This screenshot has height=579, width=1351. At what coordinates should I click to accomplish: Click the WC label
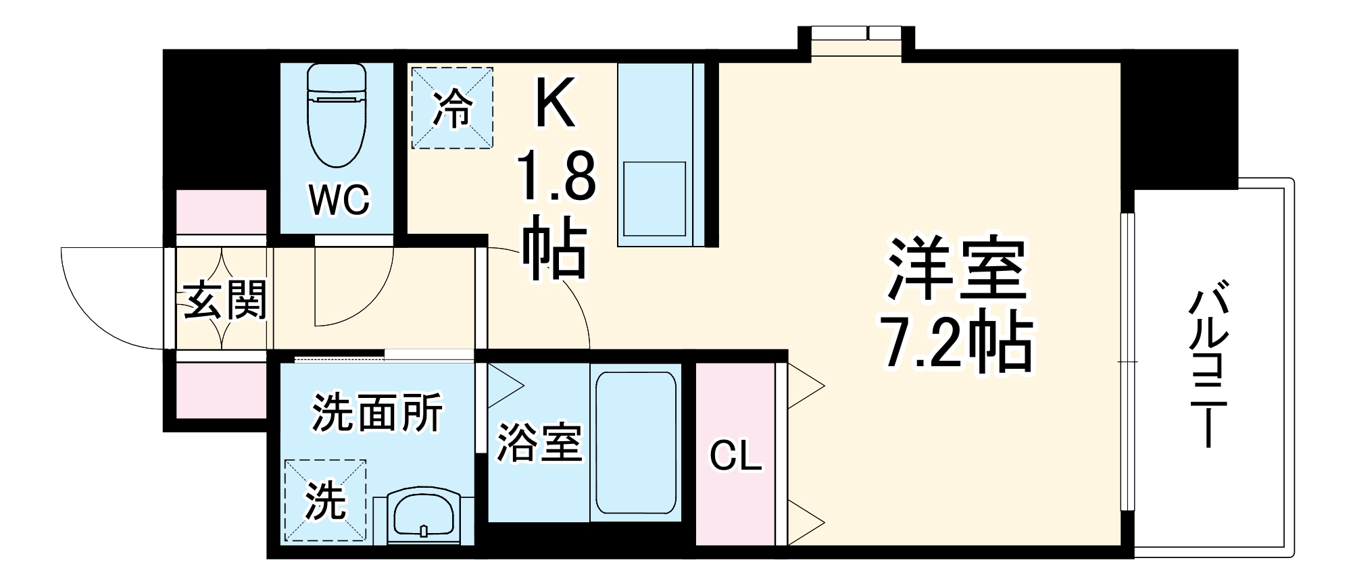[339, 199]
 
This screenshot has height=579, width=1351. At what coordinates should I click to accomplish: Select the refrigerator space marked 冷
[451, 107]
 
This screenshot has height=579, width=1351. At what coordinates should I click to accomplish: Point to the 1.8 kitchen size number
[556, 177]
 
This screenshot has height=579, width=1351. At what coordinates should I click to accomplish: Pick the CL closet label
[735, 457]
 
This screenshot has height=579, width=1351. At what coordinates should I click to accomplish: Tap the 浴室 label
[539, 443]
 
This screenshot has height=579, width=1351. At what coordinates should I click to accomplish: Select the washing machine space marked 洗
[325, 501]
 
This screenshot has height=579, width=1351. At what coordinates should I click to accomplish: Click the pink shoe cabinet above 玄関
[222, 212]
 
